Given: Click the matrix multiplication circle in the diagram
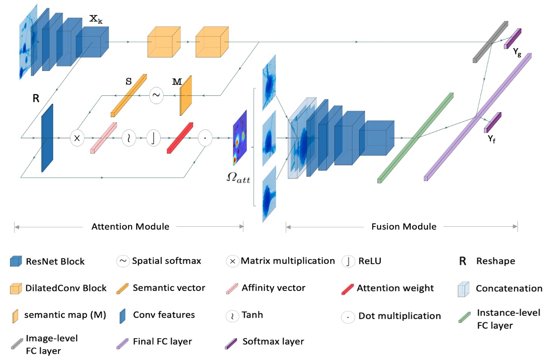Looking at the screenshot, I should coord(77,138).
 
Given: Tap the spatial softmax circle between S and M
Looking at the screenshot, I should coord(156,95).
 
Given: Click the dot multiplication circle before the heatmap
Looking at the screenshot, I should coord(205,138).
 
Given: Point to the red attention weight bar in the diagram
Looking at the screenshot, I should coord(180,138).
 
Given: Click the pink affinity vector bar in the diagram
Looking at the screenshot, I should coord(104,138).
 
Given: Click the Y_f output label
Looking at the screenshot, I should coord(491,139).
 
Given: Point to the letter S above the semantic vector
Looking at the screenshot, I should coord(128,82).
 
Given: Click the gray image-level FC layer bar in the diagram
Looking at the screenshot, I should coord(490,41).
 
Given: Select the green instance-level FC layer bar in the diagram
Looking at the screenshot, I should coord(415,138).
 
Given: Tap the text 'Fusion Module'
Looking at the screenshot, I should coord(403,226).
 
